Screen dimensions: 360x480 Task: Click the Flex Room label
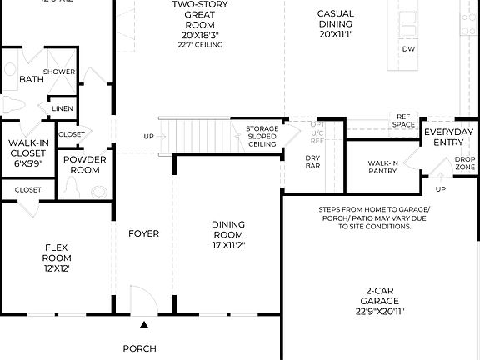(x=56, y=257)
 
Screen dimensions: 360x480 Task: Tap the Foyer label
(x=143, y=234)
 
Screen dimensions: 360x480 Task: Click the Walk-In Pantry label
(x=382, y=167)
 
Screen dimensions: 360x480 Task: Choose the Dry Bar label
(x=312, y=162)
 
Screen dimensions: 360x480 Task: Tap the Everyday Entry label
(x=448, y=137)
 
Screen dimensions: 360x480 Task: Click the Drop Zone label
(x=465, y=162)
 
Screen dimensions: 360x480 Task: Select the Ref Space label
(x=404, y=121)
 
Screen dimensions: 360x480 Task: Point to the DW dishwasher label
(x=408, y=49)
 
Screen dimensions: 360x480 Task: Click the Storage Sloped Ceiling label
(x=262, y=137)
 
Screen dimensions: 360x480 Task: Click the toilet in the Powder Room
(x=73, y=189)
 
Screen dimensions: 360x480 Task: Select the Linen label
(x=62, y=108)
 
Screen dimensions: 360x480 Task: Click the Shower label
(x=59, y=72)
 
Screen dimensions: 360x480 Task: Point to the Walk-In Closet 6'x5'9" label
(x=27, y=153)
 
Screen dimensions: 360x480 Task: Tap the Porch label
(x=139, y=348)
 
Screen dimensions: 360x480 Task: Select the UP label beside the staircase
(x=148, y=137)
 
